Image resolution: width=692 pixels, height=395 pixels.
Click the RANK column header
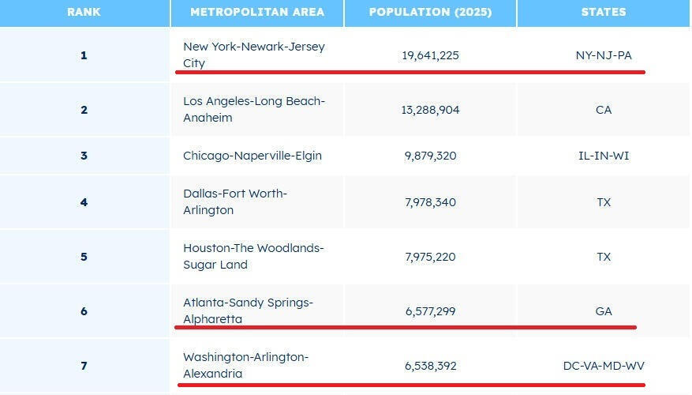[x=84, y=12]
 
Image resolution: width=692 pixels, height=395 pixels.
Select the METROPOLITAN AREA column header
[x=256, y=12]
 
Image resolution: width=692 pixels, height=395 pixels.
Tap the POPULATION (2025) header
[x=430, y=12]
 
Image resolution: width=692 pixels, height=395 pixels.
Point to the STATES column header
[x=604, y=12]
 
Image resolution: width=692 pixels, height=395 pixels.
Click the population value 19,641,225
[x=430, y=55]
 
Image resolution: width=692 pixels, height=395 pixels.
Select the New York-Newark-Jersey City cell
[x=254, y=55]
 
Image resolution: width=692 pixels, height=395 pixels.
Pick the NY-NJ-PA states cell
[x=604, y=55]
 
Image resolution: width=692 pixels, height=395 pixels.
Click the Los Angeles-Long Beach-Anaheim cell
[x=254, y=109]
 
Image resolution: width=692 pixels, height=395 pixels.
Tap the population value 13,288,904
[x=430, y=110]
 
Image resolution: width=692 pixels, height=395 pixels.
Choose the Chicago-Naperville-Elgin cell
[x=252, y=156]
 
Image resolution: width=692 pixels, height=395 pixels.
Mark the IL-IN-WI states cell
[x=604, y=156]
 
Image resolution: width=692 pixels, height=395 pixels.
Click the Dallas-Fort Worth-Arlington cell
[x=235, y=201]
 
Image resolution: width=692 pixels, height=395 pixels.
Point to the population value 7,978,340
[x=430, y=202]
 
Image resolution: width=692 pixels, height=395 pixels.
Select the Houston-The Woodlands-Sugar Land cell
[x=253, y=256]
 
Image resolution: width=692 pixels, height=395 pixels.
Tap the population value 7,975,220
[x=430, y=257]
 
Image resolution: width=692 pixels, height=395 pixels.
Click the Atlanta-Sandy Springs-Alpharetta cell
[x=248, y=310]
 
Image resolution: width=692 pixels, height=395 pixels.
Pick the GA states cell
[x=604, y=311]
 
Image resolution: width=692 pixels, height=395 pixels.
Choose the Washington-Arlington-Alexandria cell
[x=245, y=365]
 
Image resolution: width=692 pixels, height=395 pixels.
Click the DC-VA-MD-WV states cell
[x=604, y=366]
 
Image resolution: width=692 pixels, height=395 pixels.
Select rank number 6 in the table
[x=84, y=311]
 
